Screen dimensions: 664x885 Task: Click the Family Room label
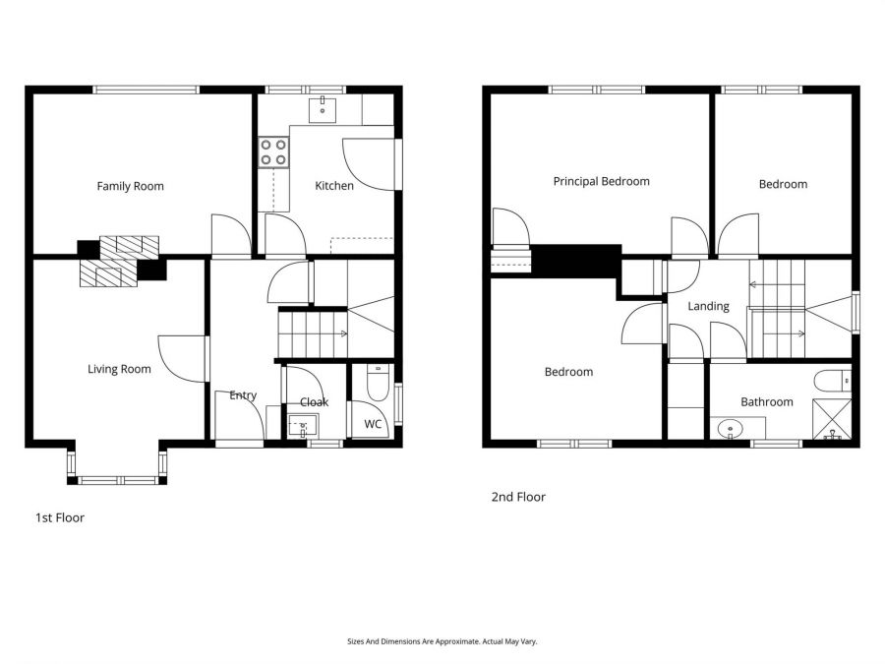tap(130, 186)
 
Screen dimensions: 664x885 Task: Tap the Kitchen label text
tap(333, 186)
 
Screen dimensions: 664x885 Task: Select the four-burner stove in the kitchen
tap(274, 151)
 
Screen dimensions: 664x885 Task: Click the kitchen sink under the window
tap(323, 107)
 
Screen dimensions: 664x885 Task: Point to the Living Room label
tap(119, 369)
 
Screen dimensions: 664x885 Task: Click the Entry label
tap(243, 395)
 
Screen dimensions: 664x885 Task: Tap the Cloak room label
tap(314, 402)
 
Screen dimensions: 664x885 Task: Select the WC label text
tap(373, 424)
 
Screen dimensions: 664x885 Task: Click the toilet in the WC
tap(376, 383)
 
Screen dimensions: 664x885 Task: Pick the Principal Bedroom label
tap(601, 181)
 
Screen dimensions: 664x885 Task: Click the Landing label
tap(708, 306)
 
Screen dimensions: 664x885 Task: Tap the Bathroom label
tap(766, 401)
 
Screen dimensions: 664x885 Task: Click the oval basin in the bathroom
tap(730, 428)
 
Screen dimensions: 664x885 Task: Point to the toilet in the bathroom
tap(833, 381)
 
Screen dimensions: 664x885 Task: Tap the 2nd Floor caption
tap(517, 497)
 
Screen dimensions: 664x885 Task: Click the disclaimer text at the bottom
tap(442, 641)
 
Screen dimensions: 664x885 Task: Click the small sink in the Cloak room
tap(301, 426)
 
